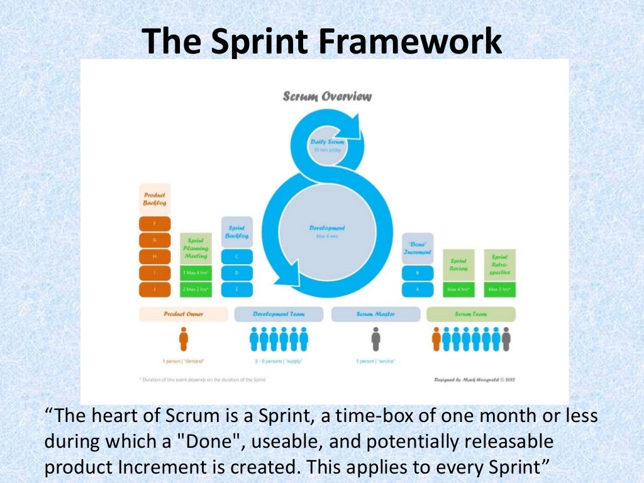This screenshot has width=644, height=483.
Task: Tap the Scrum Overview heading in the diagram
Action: pos(327,96)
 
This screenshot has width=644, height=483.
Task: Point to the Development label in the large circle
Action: pos(327,228)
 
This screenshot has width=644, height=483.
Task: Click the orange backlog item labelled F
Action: pos(155,224)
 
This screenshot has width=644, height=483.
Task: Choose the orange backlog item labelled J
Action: pos(155,289)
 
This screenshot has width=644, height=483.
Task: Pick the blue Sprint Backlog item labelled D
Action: pos(236,273)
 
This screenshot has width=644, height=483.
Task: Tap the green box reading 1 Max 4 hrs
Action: pos(196,273)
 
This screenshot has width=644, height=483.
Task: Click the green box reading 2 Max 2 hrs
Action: pos(196,289)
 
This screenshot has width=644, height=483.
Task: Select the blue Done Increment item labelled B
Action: pos(418,273)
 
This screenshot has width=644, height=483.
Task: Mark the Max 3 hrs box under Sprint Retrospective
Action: pos(500,290)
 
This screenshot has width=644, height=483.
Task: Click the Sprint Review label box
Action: pos(458,264)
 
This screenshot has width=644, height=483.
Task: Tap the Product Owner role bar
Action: pos(183,314)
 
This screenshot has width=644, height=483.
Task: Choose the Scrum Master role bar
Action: pos(375,314)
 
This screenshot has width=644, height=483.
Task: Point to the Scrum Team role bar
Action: pos(471,314)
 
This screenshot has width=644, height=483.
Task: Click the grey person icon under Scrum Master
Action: pos(375,340)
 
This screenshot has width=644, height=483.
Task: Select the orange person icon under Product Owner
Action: pos(183,340)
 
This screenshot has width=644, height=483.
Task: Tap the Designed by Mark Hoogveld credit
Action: pos(475,380)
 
